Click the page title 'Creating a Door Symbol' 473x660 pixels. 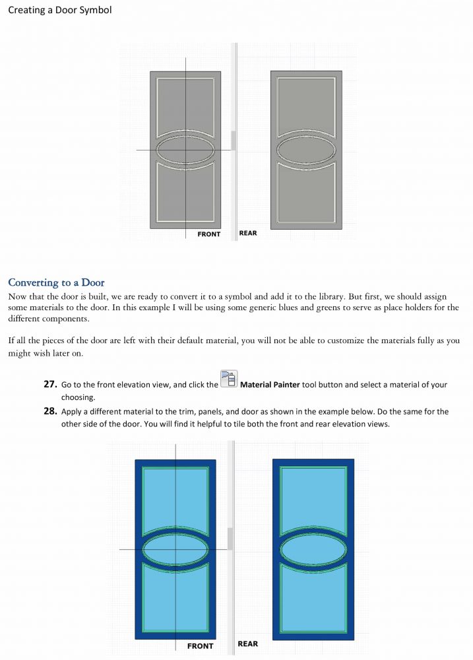(60, 10)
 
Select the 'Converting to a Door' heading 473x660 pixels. (56, 282)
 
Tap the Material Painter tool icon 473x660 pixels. (229, 378)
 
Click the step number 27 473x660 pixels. (51, 384)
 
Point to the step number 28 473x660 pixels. (51, 411)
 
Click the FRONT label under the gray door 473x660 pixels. (208, 234)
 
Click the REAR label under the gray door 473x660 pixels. (248, 233)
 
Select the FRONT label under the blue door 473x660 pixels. (201, 646)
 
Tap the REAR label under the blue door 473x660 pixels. (248, 644)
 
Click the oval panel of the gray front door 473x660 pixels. (185, 150)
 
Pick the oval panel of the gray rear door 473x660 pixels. (306, 150)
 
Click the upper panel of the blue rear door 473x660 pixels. (313, 499)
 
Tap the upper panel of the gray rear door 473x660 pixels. (306, 105)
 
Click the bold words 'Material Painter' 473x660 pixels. (270, 384)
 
